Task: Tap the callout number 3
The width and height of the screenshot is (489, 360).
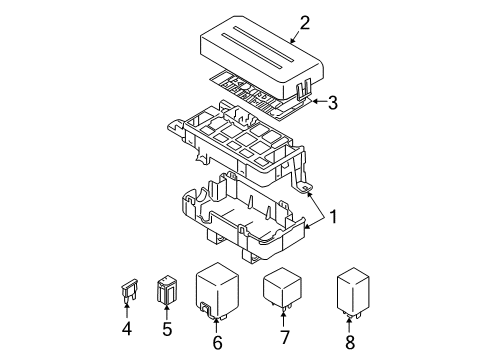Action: coord(333,100)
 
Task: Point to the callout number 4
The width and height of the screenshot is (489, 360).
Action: coord(126,329)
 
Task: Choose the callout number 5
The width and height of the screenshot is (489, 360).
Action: coord(167,329)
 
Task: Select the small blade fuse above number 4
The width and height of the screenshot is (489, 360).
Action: coord(126,293)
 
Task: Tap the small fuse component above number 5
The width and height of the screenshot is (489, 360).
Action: coord(167,291)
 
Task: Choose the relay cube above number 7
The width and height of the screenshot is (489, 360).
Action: coord(284,287)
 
